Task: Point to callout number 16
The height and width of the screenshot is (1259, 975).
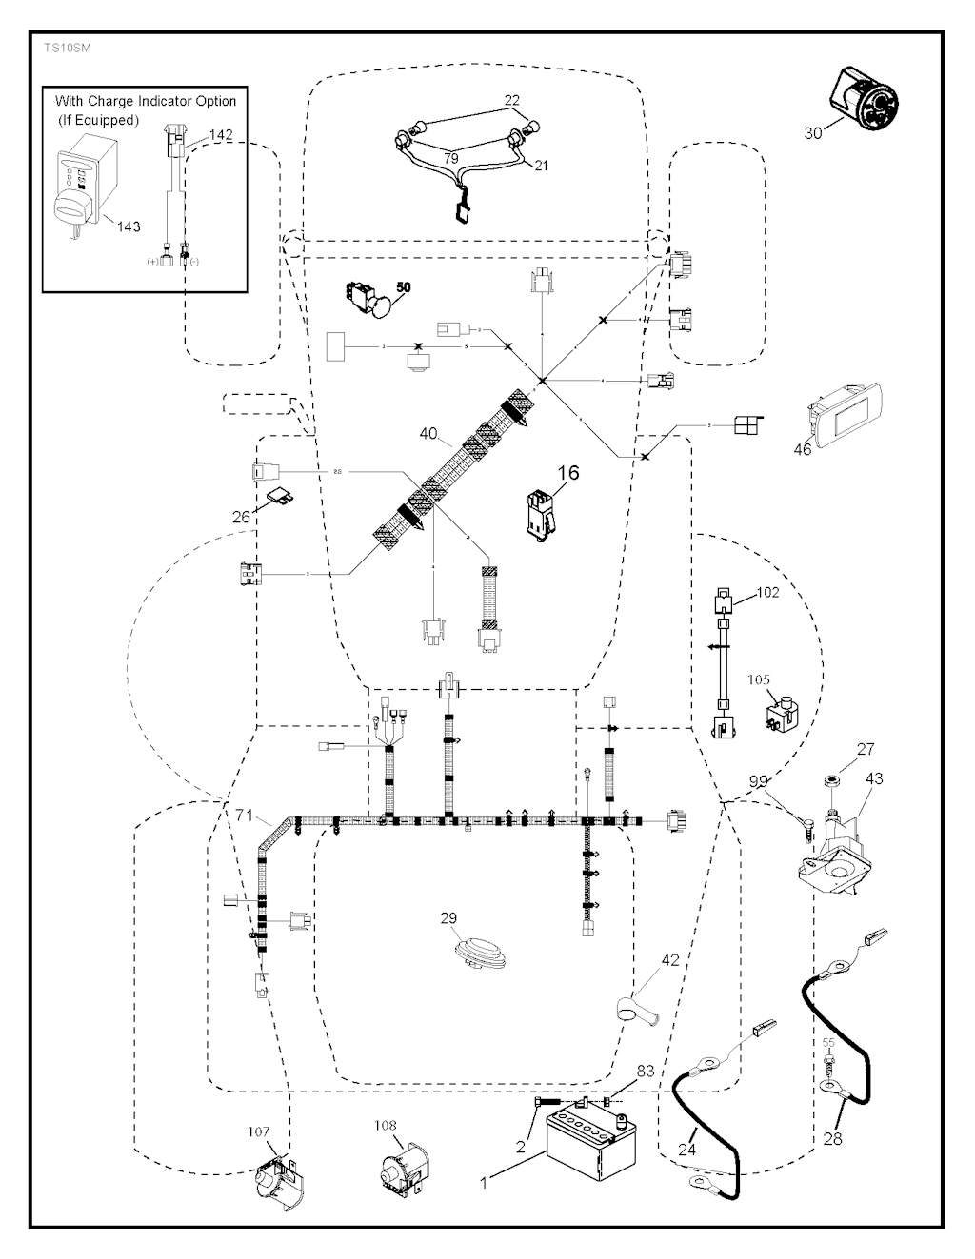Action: click(x=567, y=472)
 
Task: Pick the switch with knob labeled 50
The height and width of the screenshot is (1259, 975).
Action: click(x=369, y=297)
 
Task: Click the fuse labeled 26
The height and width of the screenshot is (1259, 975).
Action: click(x=282, y=496)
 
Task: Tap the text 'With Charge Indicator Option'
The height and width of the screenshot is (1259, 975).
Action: click(x=146, y=101)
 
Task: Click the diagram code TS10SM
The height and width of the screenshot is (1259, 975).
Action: click(x=63, y=47)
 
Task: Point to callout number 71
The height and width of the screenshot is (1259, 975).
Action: click(x=246, y=815)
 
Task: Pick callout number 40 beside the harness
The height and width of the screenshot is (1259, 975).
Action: click(x=428, y=434)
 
